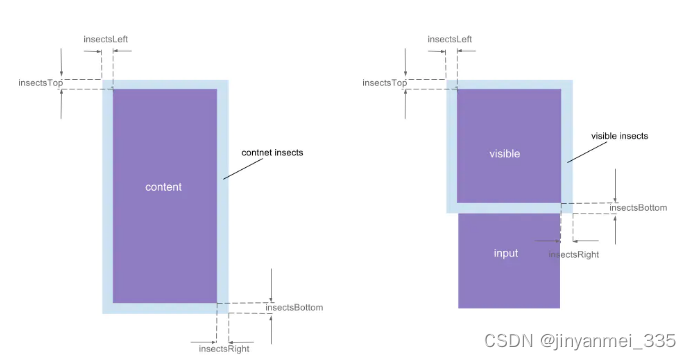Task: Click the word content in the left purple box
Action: coord(163,187)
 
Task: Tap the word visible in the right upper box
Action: coord(506,154)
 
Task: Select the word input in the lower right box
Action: coord(506,253)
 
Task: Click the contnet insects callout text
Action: coord(272,152)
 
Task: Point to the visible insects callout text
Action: coord(619,135)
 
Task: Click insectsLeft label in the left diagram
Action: coord(105,39)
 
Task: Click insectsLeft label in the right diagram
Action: coord(450,39)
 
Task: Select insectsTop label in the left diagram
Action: coord(41,83)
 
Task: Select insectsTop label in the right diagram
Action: coord(385,83)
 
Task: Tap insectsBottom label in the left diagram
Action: coord(294,308)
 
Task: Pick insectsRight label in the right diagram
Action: coord(574,255)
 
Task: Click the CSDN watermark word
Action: coord(505,340)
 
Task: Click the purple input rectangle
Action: coord(508,275)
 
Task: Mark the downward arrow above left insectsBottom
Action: coord(271,285)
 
